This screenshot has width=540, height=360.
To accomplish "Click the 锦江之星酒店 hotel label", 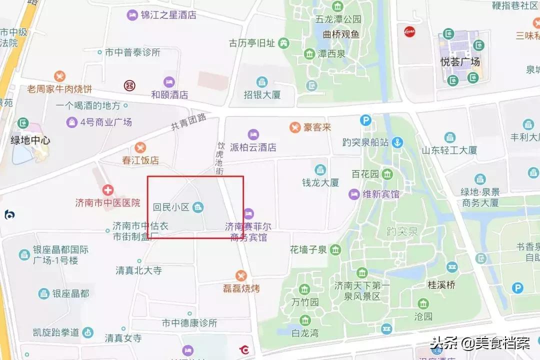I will pos(167,15).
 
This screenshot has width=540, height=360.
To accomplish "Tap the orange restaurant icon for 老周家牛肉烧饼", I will pos(60,76).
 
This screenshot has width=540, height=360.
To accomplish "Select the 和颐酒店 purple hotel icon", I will pos(169,82).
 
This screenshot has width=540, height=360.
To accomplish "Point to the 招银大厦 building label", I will pos(262,94).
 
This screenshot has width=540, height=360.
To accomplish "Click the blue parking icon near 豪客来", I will pos(366,120).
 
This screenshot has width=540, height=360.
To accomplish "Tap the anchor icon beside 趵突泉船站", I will pos(397,142).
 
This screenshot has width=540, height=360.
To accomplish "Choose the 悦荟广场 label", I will pos(460,62).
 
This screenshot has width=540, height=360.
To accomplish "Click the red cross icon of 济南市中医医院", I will pos(108,190).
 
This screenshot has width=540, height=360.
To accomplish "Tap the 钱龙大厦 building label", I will pos(320,182).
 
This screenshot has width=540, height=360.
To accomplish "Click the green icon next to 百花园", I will pos(387,174).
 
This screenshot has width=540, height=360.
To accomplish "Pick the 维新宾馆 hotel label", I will pos(380,194).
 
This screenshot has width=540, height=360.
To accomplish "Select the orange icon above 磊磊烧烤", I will pos(241,276).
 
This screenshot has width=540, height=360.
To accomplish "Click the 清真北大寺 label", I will pos(139,270).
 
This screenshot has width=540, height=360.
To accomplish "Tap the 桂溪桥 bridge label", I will pos(441,284).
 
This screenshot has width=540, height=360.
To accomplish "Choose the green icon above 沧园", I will pos(423,303).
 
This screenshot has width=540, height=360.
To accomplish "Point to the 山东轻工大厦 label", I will pos(449,150).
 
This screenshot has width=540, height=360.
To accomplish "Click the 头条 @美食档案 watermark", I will pos(480,343).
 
